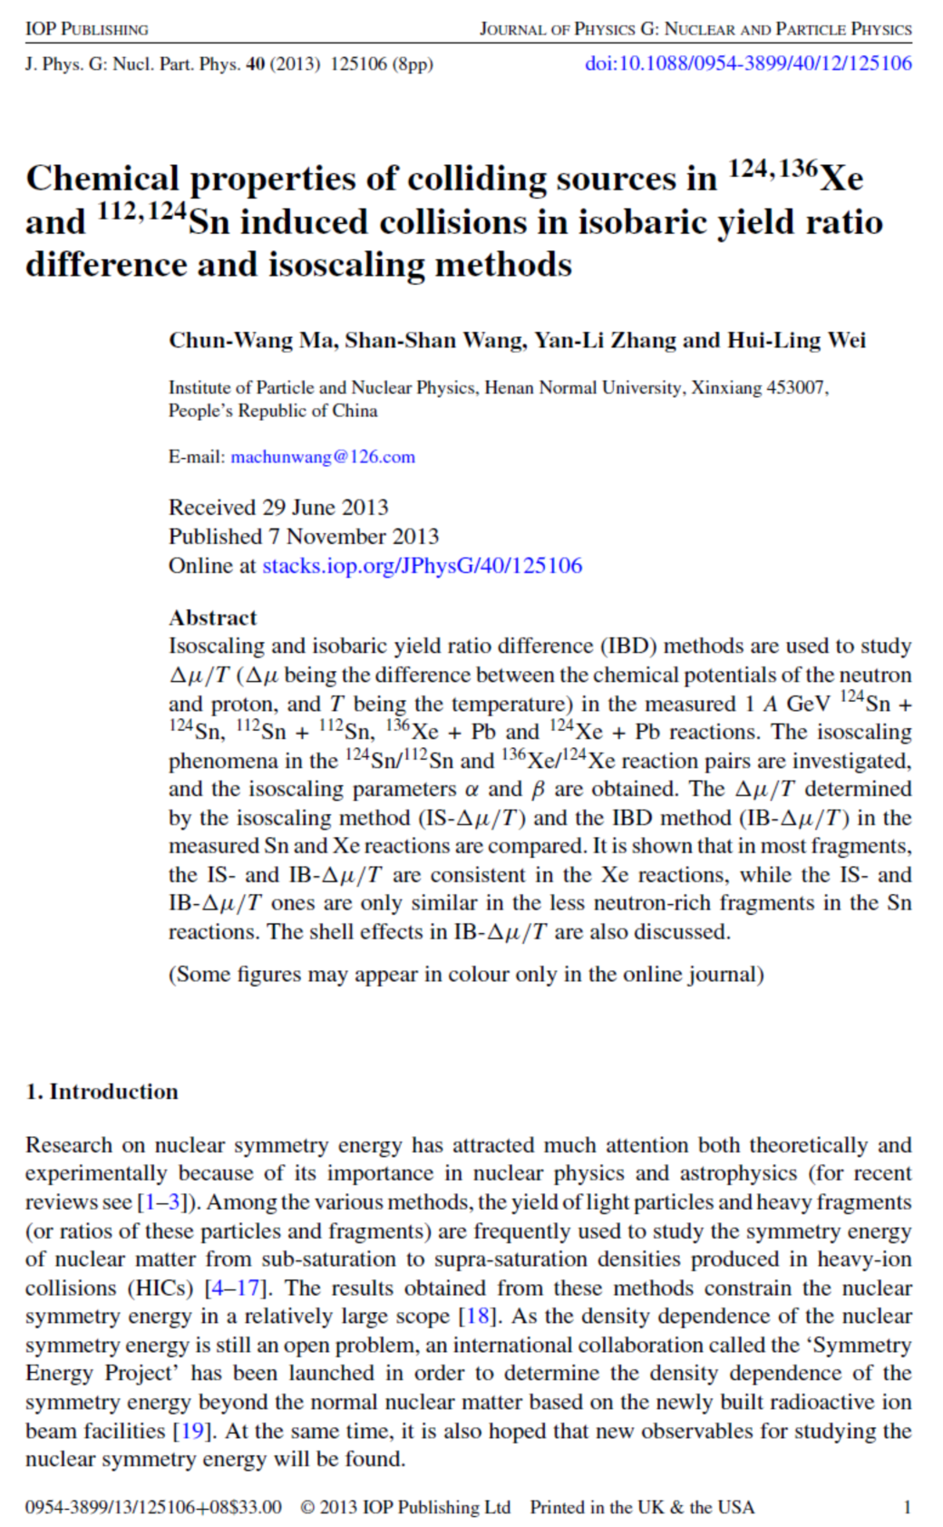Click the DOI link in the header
tap(748, 63)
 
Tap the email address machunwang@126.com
tap(323, 457)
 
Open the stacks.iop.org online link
tap(422, 566)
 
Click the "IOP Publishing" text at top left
tap(86, 29)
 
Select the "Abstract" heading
tap(212, 618)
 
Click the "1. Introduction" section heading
tap(102, 1091)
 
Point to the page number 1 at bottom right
tap(907, 1507)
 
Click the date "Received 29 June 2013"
tap(278, 507)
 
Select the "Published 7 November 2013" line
tap(303, 536)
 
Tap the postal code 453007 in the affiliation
tap(795, 388)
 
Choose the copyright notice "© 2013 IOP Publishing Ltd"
tap(405, 1507)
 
